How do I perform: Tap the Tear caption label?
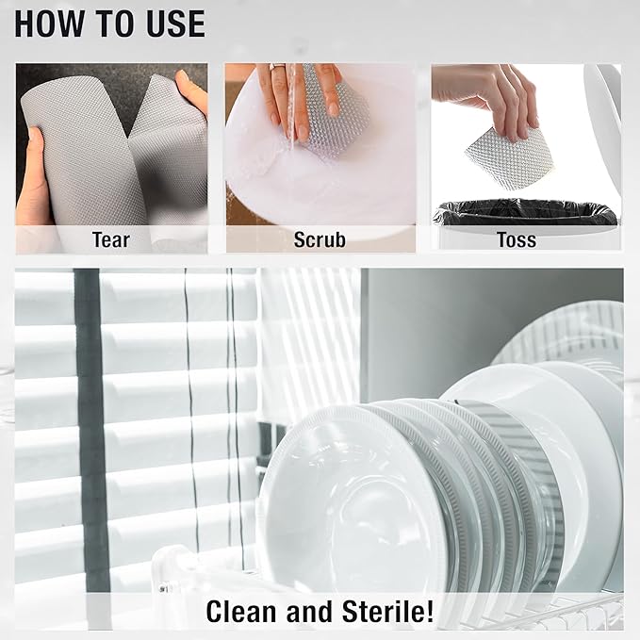coord(110,239)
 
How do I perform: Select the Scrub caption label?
coord(320,239)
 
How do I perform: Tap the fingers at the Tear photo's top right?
coord(192,90)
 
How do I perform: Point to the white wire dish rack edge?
coord(566,613)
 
